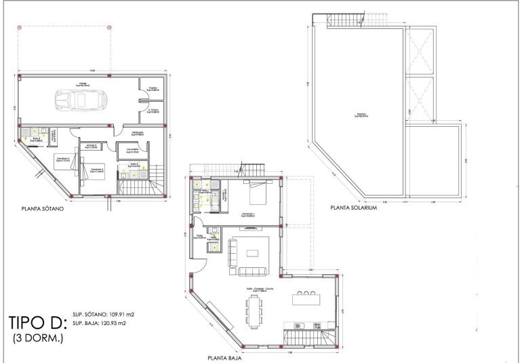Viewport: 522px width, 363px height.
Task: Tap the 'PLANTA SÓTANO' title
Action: (x=47, y=210)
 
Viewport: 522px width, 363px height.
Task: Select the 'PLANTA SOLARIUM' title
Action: (x=353, y=208)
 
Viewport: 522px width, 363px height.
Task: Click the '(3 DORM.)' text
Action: (x=38, y=337)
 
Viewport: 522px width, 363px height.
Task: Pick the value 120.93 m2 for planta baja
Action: (x=116, y=324)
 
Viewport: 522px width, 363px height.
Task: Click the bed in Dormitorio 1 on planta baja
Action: (x=258, y=193)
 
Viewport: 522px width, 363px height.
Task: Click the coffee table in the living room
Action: (x=253, y=254)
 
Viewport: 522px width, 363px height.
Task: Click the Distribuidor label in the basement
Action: (x=137, y=133)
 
